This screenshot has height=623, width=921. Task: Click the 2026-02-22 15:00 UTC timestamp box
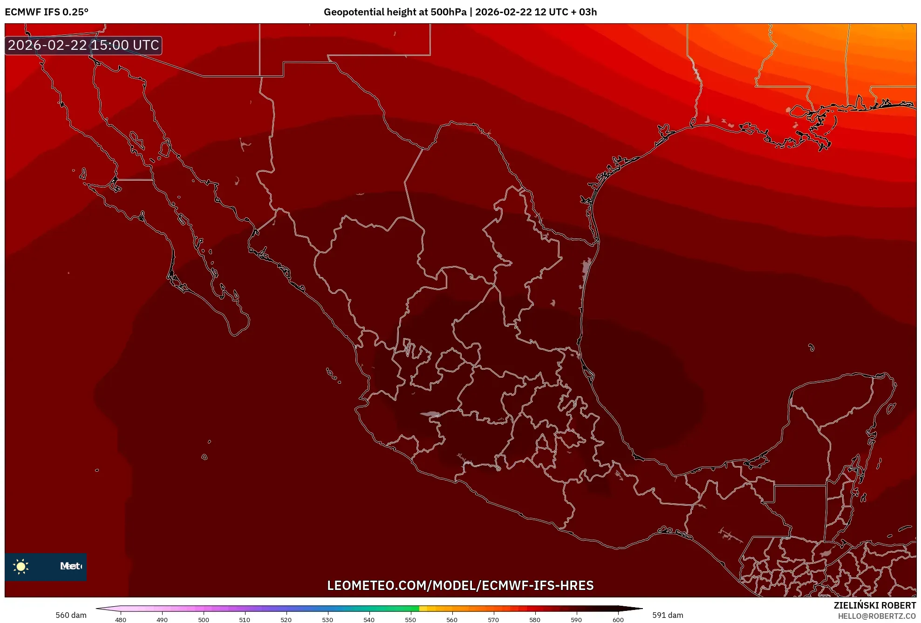point(83,45)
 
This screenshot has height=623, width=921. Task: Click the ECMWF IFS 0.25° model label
point(47,12)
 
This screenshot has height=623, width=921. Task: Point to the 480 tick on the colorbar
point(121,619)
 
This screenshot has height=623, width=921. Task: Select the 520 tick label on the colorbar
point(286,619)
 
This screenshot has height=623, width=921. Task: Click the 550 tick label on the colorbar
point(410,619)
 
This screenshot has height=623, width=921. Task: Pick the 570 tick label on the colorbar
point(493,619)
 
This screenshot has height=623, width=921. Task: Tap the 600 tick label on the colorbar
point(618,619)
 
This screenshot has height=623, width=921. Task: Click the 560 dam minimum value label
point(71,615)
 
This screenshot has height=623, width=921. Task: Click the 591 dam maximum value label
point(668,615)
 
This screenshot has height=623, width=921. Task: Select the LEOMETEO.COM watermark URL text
point(460,585)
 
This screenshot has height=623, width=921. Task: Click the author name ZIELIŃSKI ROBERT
point(874,605)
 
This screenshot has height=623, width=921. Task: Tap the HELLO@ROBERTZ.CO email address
point(877,616)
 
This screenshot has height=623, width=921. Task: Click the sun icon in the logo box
point(21,566)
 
